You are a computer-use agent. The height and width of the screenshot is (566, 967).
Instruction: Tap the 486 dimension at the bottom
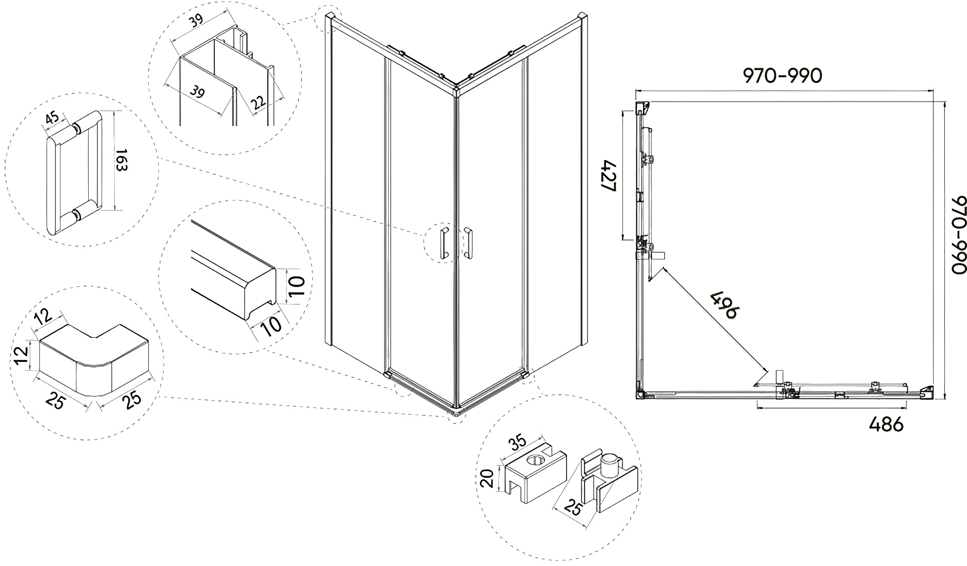click(x=886, y=424)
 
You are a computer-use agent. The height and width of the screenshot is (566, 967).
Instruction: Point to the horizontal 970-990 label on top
click(x=782, y=76)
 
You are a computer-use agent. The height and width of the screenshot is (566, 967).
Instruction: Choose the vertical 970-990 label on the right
click(x=957, y=235)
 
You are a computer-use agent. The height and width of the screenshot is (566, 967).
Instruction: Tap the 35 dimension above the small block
click(x=518, y=441)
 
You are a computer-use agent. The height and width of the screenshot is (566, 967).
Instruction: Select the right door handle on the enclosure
click(x=468, y=242)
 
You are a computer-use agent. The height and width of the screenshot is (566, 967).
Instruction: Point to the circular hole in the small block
click(x=536, y=459)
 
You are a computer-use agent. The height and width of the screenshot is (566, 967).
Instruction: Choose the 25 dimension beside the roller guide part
click(x=573, y=508)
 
